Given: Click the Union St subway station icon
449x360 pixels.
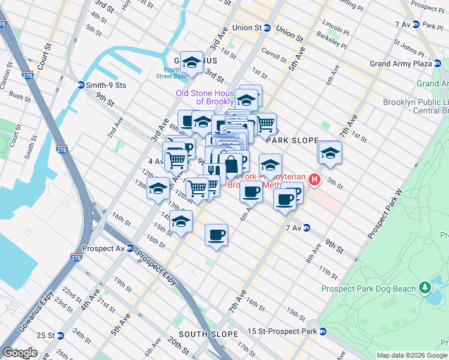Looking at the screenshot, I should click(x=268, y=28).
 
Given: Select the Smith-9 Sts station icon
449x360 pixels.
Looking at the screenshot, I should click(x=80, y=85).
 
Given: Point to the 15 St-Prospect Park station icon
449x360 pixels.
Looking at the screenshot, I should click(x=322, y=331).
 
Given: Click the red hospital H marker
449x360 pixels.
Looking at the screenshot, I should click(x=313, y=179).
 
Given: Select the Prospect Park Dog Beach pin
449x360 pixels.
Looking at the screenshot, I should click(x=426, y=289).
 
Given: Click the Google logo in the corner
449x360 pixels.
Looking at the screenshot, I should click(x=20, y=353).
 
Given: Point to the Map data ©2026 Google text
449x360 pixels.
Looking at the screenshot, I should click(x=411, y=355).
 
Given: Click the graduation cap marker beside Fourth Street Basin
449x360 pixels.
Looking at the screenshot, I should click(x=191, y=62).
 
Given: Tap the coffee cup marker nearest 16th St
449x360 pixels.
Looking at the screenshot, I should click(x=216, y=235).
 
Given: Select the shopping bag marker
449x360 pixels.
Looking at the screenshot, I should click(x=231, y=163).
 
